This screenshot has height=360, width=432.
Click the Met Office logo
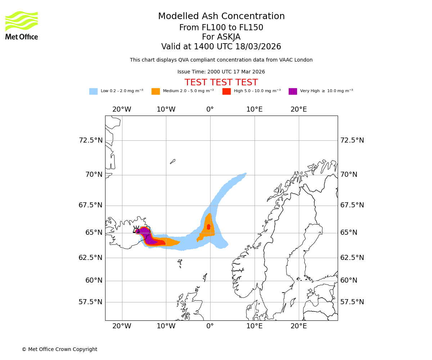coord(22,25)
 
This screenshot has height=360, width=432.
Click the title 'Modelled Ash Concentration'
coord(221,16)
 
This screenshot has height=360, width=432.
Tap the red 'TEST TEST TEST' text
coord(221,82)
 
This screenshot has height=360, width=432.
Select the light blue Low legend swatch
coord(93,91)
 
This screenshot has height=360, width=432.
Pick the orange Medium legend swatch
coord(156,91)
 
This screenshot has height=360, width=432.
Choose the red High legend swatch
coord(226,91)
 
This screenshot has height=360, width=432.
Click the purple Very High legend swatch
coord(293,91)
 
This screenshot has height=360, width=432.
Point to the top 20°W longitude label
coord(122,109)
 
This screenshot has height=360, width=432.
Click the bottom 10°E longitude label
coord(255,326)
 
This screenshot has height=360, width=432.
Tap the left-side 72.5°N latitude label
coord(91,140)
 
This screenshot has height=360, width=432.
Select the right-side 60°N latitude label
coord(349,280)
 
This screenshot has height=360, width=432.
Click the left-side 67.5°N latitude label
coord(91,205)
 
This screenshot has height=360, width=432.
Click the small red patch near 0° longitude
coord(208,227)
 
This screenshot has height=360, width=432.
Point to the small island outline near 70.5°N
coord(172,162)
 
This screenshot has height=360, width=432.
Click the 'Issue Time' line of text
coord(221,72)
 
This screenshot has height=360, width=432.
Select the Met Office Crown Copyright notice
coord(59,349)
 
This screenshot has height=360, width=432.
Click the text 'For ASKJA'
coord(221,37)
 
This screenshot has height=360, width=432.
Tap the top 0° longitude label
coord(210,109)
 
